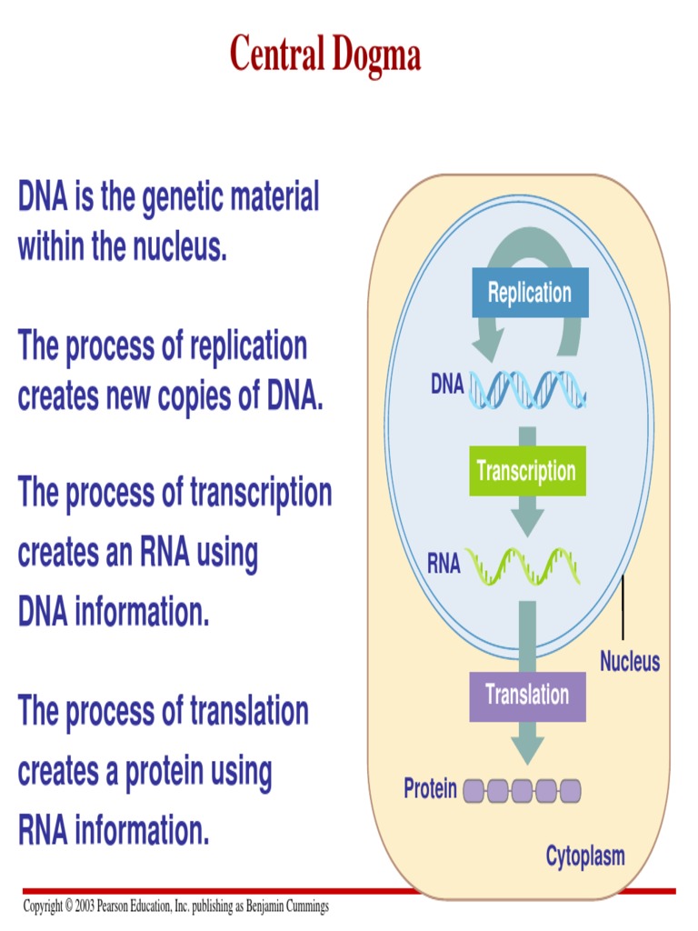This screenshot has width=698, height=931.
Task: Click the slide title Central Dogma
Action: [x=325, y=54]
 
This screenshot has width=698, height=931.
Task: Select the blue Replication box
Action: [x=530, y=294]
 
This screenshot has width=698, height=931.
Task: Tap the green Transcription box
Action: [x=525, y=471]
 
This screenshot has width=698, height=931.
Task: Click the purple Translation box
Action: [x=527, y=696]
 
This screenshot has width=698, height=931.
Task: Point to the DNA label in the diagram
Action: [x=447, y=385]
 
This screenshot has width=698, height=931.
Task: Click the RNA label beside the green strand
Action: [x=444, y=566]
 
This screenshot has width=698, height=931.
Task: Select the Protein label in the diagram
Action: [x=431, y=788]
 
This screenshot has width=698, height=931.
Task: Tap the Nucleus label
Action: [x=630, y=661]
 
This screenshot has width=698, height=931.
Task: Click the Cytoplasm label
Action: [x=585, y=856]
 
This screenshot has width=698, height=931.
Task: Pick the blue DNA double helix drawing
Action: [x=526, y=388]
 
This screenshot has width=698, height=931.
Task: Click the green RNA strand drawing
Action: [x=522, y=566]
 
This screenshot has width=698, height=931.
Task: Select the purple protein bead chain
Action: [x=522, y=790]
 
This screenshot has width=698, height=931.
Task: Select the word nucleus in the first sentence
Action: [x=173, y=246]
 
